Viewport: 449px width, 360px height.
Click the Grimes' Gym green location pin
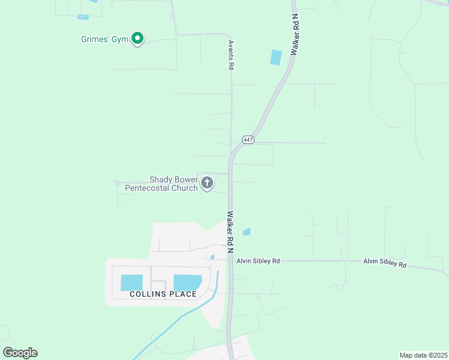point(137,38)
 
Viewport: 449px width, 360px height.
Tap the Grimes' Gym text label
point(105,40)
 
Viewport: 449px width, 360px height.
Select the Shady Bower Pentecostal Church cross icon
point(207,183)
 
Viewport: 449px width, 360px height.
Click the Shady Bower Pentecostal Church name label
point(161,184)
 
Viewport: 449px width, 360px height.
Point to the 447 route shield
point(249,140)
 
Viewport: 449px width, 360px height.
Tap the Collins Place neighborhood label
point(163,294)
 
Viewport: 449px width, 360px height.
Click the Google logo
point(20,353)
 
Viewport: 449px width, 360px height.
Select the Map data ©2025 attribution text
point(423,355)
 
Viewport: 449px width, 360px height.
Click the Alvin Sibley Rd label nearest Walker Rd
point(258,261)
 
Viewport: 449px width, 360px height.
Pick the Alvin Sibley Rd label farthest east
point(385,262)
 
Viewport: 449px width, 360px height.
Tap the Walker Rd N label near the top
point(295,37)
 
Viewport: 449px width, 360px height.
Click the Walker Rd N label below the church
point(230,231)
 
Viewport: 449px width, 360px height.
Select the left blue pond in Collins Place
point(132,283)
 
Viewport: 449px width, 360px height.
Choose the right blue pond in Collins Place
point(187,283)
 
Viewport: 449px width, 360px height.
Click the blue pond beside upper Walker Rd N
point(276,58)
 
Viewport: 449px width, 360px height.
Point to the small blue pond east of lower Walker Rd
point(246,232)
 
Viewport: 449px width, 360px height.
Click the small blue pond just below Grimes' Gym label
point(83,17)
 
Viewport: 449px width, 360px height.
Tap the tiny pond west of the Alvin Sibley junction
point(212,257)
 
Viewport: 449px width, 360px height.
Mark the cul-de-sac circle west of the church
point(117,182)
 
